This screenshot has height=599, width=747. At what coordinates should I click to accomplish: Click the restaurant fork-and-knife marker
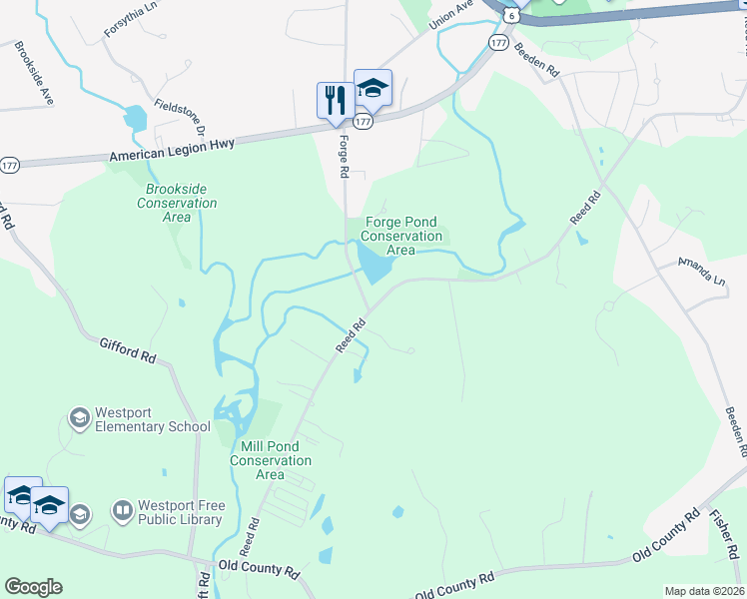(x=334, y=100)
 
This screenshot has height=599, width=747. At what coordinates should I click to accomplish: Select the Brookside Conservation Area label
(x=181, y=196)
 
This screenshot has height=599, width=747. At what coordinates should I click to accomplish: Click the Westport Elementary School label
(x=153, y=419)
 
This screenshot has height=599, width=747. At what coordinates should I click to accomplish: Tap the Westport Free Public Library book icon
(x=122, y=512)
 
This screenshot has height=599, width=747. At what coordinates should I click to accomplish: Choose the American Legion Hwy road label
(x=172, y=151)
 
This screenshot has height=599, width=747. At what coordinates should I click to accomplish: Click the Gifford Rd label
(x=128, y=349)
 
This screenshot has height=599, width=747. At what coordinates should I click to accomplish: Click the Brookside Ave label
(x=33, y=75)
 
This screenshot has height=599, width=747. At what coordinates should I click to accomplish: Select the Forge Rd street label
(x=343, y=157)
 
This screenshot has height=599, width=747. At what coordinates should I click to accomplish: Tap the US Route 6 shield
(x=511, y=16)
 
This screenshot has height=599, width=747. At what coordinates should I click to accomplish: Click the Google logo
(x=33, y=587)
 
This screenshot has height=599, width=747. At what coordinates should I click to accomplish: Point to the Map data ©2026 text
(x=703, y=591)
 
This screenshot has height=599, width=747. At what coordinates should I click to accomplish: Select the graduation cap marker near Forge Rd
(x=373, y=89)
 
